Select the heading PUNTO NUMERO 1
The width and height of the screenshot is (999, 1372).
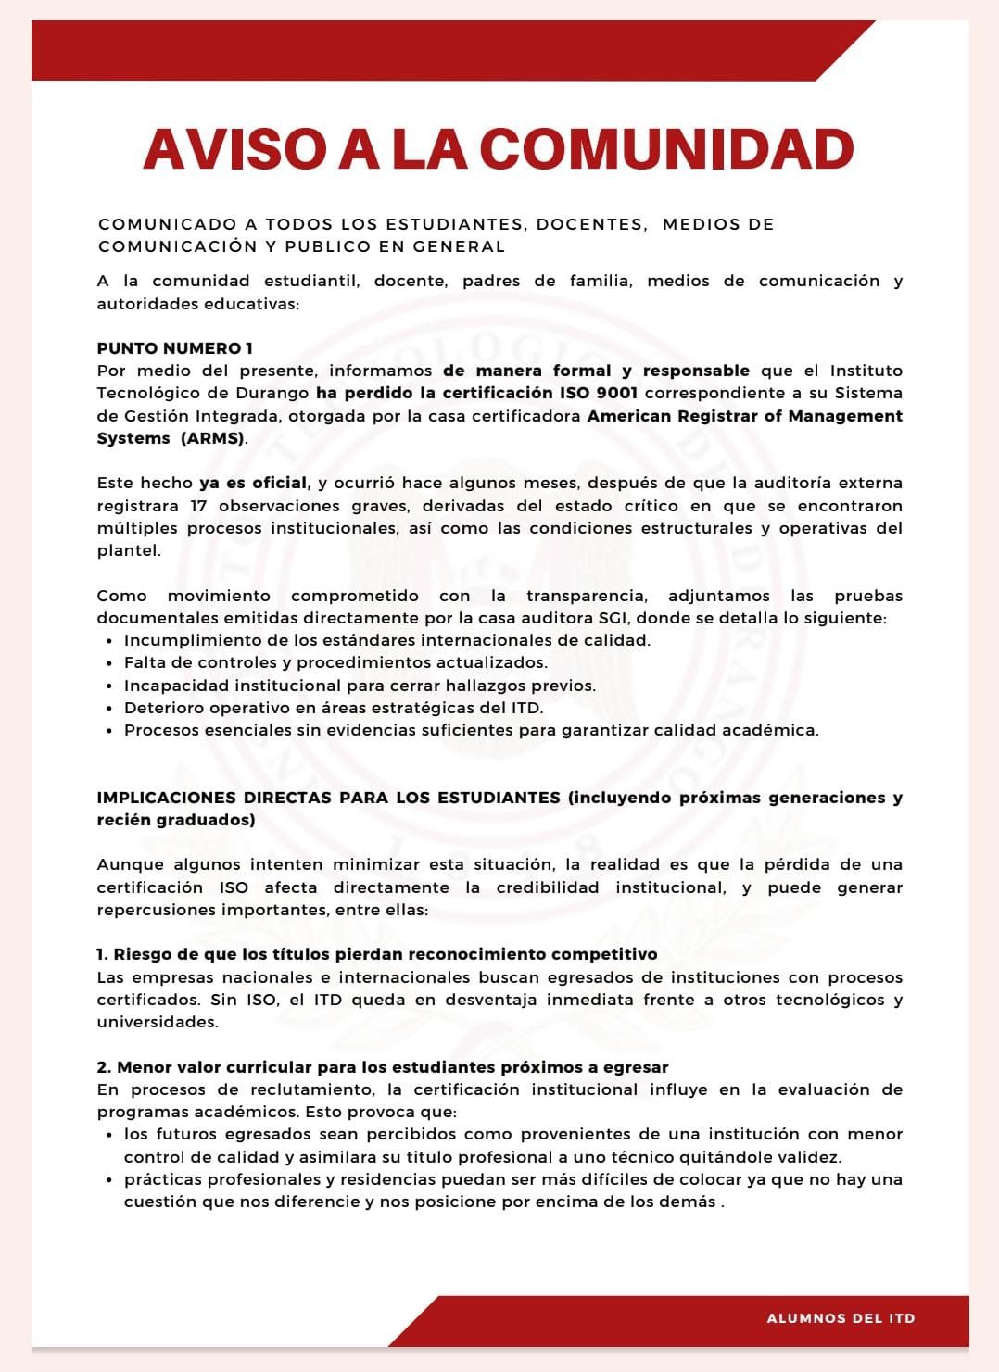175,348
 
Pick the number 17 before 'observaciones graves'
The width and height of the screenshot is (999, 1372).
198,506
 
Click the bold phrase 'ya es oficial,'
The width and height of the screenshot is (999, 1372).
255,483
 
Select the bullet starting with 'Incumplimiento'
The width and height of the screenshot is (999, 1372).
387,640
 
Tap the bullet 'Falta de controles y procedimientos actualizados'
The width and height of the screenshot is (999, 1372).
335,662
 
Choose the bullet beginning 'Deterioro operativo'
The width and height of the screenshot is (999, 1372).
334,708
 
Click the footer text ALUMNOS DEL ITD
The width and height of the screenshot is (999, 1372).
841,1318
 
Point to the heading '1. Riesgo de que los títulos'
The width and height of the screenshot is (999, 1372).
377,954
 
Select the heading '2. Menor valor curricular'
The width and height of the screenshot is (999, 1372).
383,1067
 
